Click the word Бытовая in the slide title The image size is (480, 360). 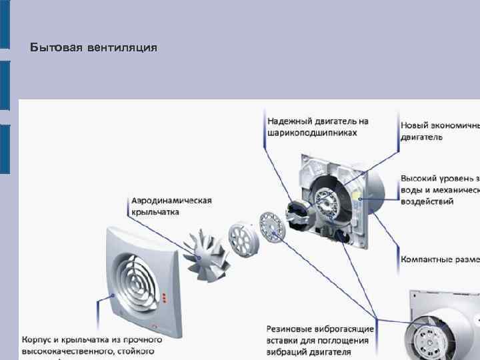tap(56, 48)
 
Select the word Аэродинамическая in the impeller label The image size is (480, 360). tap(171, 200)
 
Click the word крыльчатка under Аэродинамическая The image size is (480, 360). tap(155, 211)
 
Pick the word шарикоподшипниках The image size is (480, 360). tap(312, 133)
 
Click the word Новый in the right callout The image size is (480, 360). tap(415, 125)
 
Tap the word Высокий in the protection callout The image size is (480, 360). tap(420, 179)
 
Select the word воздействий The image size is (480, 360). tap(427, 201)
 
